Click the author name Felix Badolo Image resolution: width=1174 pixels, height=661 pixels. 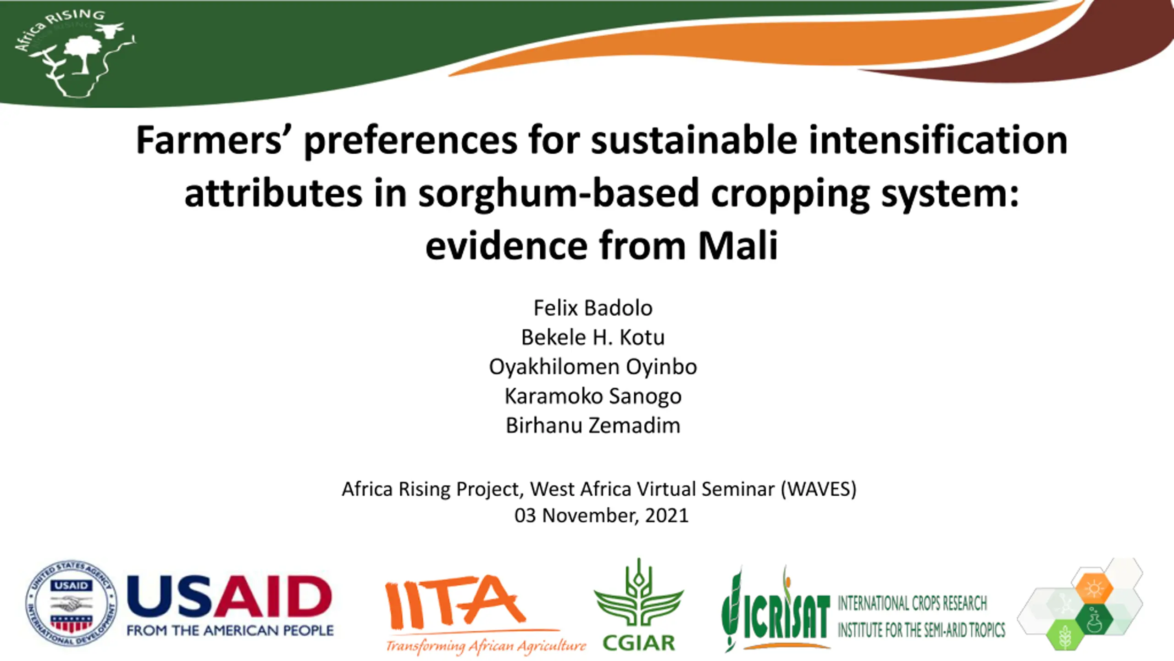[593, 308]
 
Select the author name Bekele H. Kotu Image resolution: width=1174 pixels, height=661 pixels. [593, 337]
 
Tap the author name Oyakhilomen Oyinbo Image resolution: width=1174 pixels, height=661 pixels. [593, 367]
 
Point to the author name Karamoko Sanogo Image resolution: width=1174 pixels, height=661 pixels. [593, 397]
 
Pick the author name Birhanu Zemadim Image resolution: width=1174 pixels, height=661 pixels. [593, 426]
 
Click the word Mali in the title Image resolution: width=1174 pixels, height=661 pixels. [737, 245]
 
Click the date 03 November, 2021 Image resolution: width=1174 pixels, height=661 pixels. [601, 515]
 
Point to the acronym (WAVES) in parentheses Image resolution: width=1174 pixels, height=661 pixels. [818, 489]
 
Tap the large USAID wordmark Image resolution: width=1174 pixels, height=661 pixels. [229, 597]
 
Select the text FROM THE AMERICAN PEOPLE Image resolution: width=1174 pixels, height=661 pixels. [230, 630]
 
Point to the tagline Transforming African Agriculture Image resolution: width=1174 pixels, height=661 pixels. [486, 645]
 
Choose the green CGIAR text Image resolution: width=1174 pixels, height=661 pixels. [638, 643]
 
